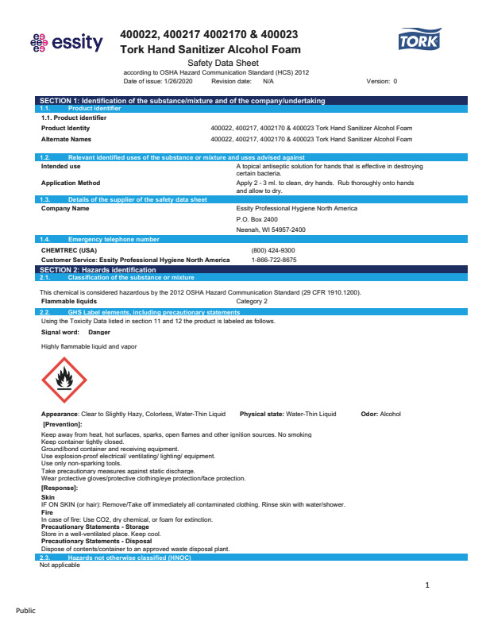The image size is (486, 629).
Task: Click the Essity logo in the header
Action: [66, 42]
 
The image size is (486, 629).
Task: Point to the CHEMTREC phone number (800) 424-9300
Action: [273, 250]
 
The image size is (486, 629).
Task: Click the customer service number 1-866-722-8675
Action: [273, 260]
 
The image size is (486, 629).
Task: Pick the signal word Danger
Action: [99, 332]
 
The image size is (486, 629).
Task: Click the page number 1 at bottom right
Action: [427, 585]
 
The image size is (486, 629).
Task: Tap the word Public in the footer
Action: [25, 611]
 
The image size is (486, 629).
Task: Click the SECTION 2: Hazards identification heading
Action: [98, 270]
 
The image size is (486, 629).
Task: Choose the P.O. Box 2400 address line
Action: [257, 219]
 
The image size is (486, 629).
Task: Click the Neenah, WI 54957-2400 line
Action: [271, 230]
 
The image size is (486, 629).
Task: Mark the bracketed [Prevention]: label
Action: [62, 425]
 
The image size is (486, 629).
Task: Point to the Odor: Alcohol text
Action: [381, 414]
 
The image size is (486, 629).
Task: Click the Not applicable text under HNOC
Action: [60, 565]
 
